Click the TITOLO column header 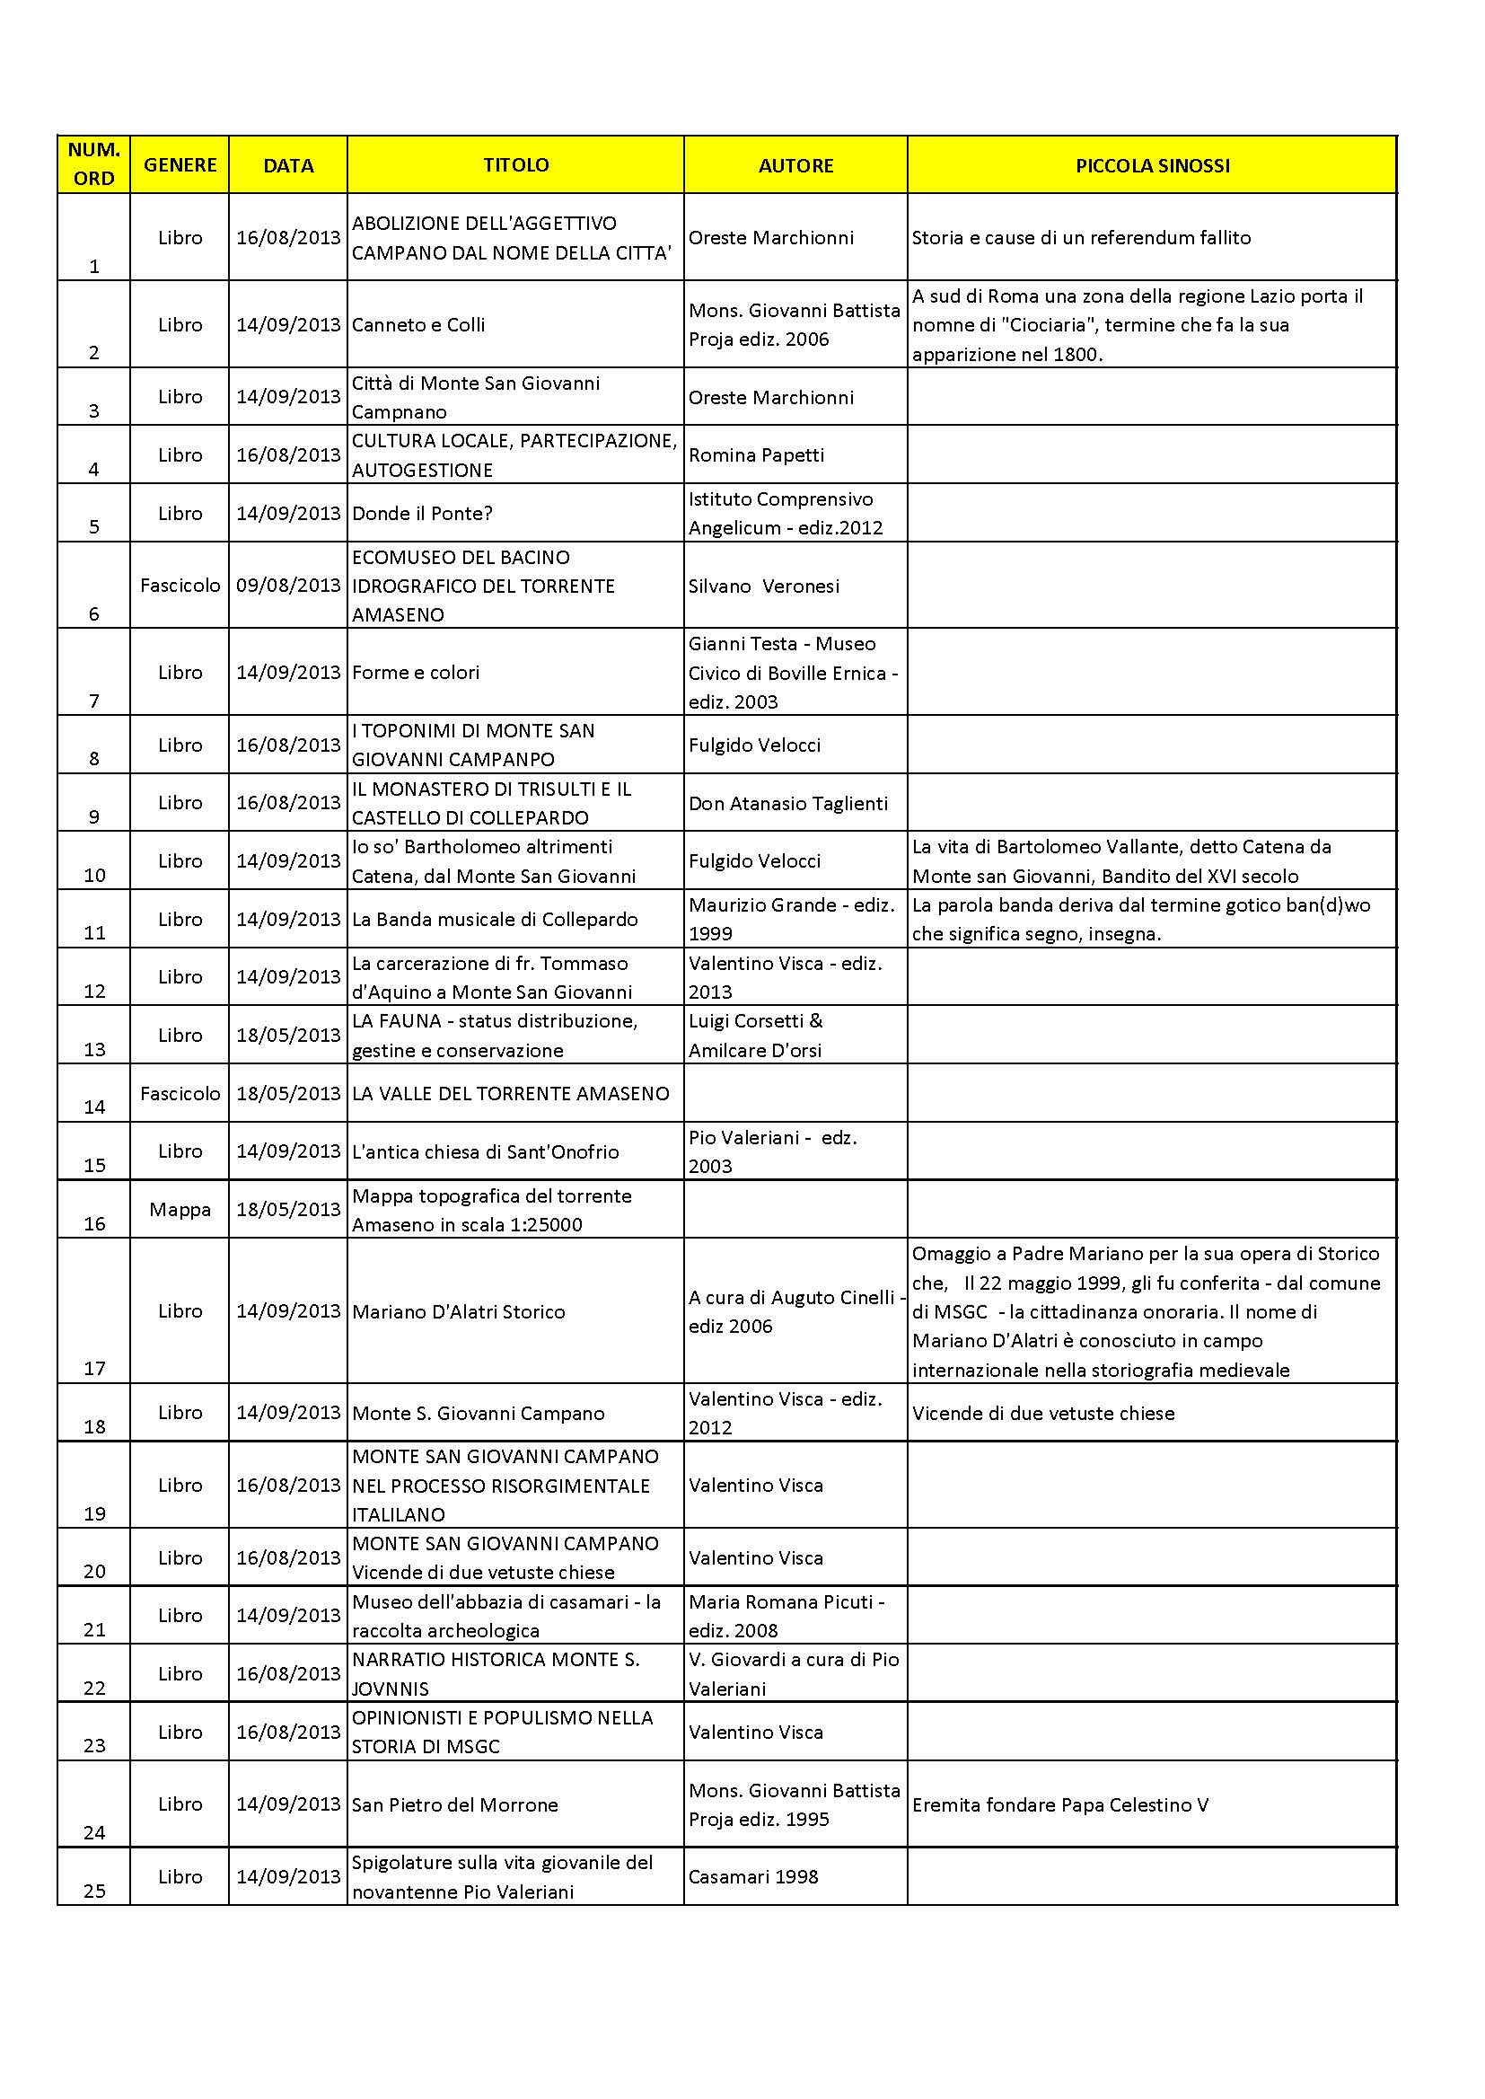(x=515, y=164)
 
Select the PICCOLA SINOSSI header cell (x=1151, y=165)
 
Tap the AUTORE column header (x=795, y=165)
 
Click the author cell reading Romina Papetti (x=756, y=454)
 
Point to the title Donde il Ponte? (x=423, y=513)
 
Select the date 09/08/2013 (x=288, y=586)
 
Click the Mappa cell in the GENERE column (x=180, y=1209)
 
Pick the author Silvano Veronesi (x=763, y=586)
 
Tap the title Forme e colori (x=416, y=672)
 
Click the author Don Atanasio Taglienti (x=788, y=803)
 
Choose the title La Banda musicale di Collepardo (x=495, y=919)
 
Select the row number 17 (x=95, y=1368)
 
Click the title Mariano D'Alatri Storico (x=459, y=1311)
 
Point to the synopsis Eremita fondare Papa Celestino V (x=1060, y=1804)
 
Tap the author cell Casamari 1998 (x=753, y=1877)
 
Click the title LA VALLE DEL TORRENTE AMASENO (x=510, y=1093)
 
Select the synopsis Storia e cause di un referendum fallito (x=1081, y=238)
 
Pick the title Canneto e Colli (x=418, y=324)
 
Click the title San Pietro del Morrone (x=455, y=1804)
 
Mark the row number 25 (x=95, y=1891)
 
